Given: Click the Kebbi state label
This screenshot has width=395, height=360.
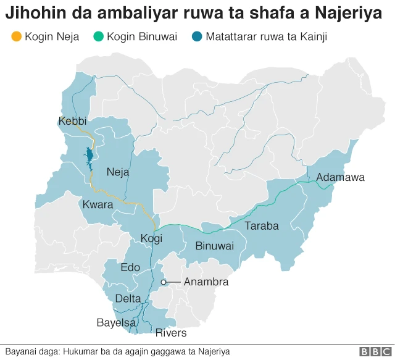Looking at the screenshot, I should click(72, 121).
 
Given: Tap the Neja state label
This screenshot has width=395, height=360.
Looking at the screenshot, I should click(118, 172).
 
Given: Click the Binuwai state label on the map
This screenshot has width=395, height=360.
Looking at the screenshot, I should click(214, 246).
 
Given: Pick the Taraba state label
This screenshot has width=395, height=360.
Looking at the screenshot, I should click(262, 226).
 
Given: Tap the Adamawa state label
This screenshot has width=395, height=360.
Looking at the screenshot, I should click(340, 178).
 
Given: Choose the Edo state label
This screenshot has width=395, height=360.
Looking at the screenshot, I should click(130, 267).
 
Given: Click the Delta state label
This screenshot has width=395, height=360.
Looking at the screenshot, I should click(128, 299).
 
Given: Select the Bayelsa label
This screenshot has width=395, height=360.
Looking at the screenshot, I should click(116, 322).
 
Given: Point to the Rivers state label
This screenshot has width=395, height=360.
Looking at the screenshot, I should click(170, 333).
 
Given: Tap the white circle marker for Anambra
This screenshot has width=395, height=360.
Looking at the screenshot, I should click(164, 282).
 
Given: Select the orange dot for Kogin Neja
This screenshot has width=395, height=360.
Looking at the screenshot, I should click(17, 37).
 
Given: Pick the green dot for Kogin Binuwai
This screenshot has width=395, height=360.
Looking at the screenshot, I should click(98, 37).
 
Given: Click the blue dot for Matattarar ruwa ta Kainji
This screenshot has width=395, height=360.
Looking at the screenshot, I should click(197, 37).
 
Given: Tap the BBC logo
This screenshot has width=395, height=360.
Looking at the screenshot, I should click(372, 351).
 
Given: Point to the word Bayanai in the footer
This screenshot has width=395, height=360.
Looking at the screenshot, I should click(21, 351).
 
